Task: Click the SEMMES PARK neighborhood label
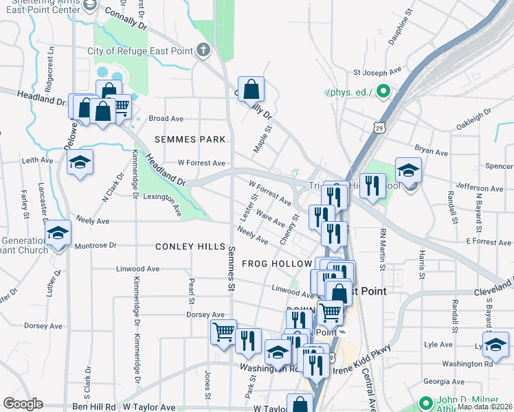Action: click(190, 139)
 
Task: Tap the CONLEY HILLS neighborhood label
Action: click(190, 247)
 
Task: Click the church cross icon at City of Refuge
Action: click(203, 50)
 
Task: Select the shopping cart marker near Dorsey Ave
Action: click(223, 332)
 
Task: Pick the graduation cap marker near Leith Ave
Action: click(80, 162)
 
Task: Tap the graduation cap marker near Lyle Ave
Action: click(495, 345)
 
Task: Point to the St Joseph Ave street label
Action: click(377, 71)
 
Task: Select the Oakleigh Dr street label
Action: click(475, 118)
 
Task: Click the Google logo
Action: click(23, 404)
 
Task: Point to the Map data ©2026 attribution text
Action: click(484, 407)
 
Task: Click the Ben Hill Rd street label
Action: click(93, 407)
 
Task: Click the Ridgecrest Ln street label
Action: click(49, 69)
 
